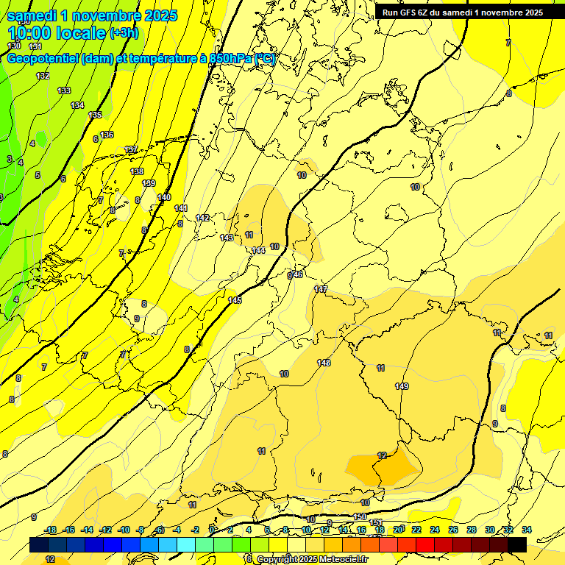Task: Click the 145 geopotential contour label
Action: [x=235, y=300]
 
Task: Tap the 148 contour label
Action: [x=324, y=363]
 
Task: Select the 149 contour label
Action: [x=402, y=386]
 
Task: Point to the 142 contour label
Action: [x=202, y=218]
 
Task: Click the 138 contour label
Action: [x=137, y=171]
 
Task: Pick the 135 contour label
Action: [x=95, y=116]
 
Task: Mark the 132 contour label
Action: [x=43, y=76]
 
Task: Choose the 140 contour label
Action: [x=164, y=198]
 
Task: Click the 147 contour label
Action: [x=321, y=289]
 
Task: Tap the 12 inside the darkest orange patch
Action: [x=382, y=455]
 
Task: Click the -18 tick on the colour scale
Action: [x=51, y=530]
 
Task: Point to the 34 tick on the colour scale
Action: [x=527, y=530]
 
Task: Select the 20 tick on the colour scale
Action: [x=398, y=530]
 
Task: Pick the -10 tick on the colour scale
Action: [x=124, y=530]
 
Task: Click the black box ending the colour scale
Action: [x=517, y=544]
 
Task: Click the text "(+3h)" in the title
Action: [x=123, y=33]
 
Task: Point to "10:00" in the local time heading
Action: [x=29, y=33]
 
